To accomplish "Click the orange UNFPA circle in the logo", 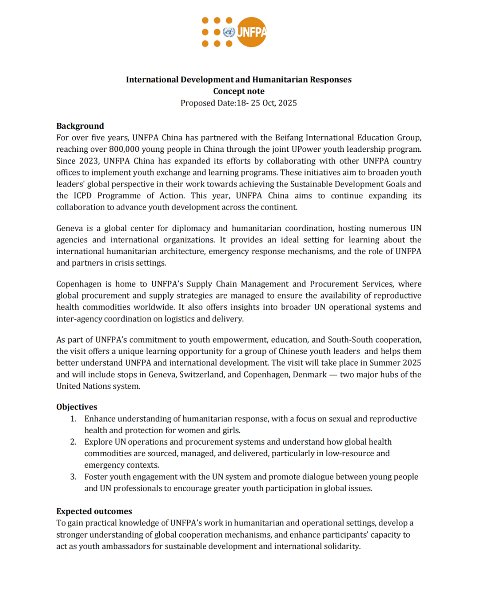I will (251, 32).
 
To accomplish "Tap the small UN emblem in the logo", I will (229, 32).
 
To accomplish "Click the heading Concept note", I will (239, 91).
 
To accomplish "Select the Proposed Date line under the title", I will (239, 103).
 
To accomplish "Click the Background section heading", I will (80, 126).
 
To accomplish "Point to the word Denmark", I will (310, 375).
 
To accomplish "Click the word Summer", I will (386, 363).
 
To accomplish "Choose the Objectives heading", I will (77, 407).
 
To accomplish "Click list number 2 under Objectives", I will (73, 442).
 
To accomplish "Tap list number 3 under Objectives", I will (73, 477).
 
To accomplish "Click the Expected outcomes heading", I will (94, 511).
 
